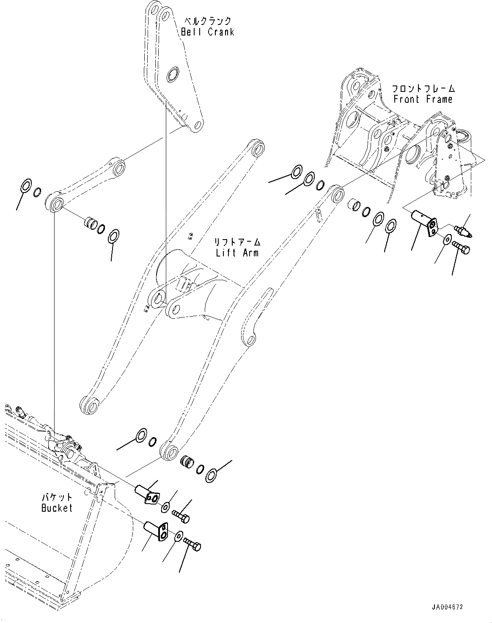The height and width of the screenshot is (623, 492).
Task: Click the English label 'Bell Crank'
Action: click(207, 32)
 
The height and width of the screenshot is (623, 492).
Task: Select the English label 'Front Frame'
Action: click(423, 99)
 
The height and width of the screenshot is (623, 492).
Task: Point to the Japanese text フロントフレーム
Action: click(423, 88)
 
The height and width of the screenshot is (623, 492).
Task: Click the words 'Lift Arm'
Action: click(237, 253)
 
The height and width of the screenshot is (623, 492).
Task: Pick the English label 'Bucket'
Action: click(57, 508)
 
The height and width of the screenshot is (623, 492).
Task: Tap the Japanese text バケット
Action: click(57, 497)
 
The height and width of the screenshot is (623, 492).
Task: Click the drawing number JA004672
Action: click(447, 607)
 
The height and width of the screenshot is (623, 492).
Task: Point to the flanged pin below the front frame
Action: click(424, 222)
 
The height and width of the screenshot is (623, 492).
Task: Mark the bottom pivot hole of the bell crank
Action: click(198, 125)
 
